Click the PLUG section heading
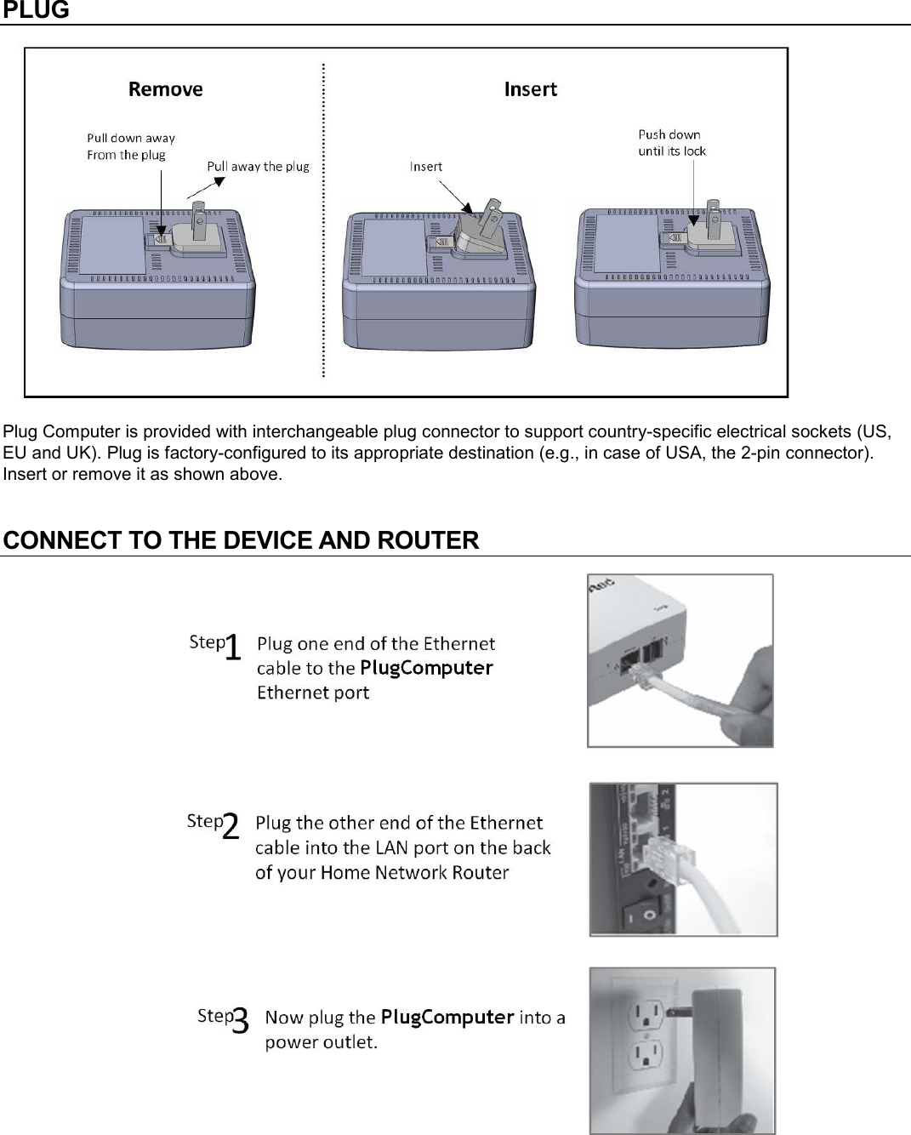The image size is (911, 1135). [36, 11]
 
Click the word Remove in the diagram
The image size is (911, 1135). [165, 89]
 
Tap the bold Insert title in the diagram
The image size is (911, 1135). [530, 89]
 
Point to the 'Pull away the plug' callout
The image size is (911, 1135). [258, 167]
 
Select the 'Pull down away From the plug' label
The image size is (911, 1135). [130, 146]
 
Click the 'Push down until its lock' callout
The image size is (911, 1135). [671, 143]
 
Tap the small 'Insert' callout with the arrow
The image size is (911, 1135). [425, 167]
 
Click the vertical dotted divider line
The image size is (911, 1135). [323, 221]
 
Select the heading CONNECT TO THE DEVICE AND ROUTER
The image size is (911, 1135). [241, 540]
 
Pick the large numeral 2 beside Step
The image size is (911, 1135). [231, 827]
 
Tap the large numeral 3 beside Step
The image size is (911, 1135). [240, 1021]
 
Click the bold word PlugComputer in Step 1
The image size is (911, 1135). [426, 668]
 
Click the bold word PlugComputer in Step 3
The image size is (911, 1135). [447, 1017]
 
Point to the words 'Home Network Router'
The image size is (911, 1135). [414, 872]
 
